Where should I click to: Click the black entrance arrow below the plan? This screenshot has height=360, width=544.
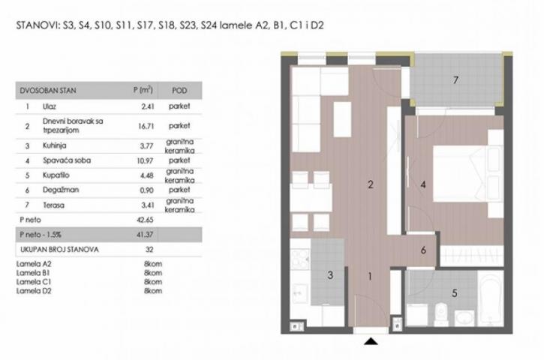(371, 341)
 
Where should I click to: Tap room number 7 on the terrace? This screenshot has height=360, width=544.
(455, 80)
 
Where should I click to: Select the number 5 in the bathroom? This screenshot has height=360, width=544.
(455, 293)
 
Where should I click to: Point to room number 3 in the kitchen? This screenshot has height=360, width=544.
(330, 275)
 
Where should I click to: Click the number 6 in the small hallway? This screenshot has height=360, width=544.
(423, 250)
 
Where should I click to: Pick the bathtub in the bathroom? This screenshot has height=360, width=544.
(490, 298)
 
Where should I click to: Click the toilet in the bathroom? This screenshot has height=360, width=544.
(441, 313)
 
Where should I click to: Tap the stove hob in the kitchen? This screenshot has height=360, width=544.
(299, 259)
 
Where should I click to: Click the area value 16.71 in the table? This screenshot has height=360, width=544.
(146, 126)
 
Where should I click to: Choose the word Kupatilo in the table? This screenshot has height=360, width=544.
(56, 175)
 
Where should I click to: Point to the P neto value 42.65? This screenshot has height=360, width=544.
(145, 220)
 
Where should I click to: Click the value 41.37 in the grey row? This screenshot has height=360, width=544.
(145, 235)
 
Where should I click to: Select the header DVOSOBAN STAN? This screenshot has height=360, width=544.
(48, 91)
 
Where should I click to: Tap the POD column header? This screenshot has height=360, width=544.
(180, 91)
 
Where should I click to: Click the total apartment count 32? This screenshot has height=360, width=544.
(149, 249)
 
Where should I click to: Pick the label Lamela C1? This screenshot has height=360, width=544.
(34, 282)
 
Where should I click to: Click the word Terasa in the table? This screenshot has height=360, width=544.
(54, 205)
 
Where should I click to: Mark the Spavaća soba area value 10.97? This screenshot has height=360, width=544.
(146, 161)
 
